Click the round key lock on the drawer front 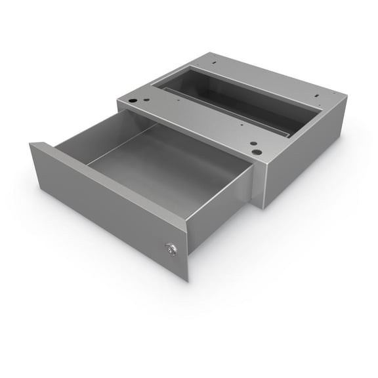pos(171,248)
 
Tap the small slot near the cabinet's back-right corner pos(318,98)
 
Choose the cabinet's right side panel pos(305,154)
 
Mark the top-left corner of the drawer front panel pos(30,143)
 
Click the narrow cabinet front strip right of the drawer pos(259,184)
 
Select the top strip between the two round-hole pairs pos(197,121)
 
